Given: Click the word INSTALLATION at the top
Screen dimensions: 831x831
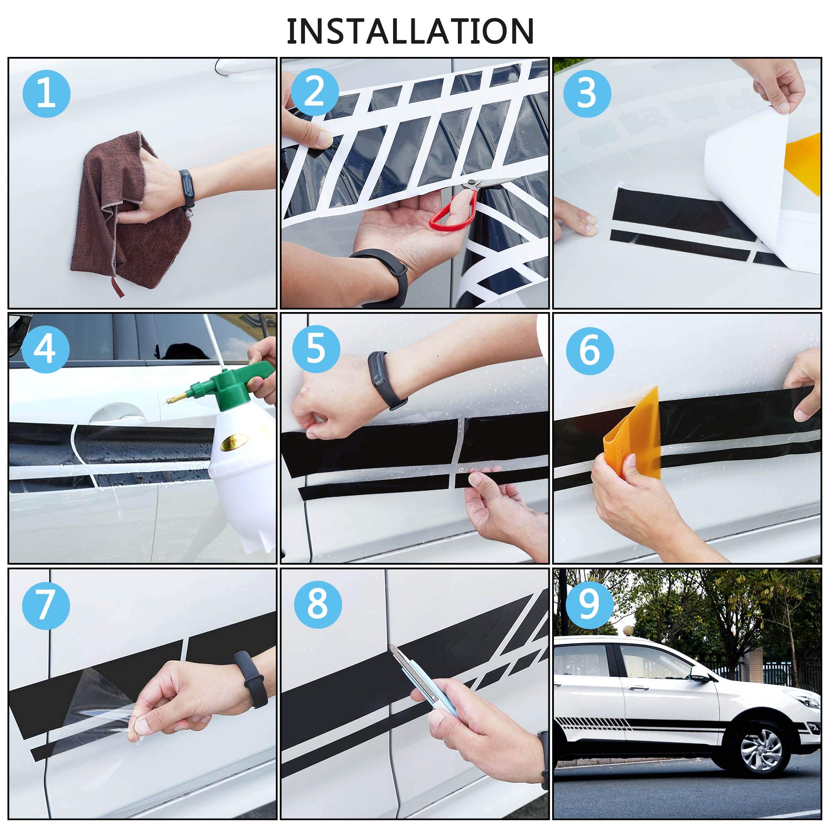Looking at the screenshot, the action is click(x=411, y=31).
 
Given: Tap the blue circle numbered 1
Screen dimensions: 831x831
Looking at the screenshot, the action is click(x=47, y=94).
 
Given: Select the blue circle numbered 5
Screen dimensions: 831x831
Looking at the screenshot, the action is click(x=316, y=349).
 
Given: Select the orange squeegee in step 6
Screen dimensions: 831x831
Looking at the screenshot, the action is click(x=632, y=435).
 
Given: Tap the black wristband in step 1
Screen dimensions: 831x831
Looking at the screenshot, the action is click(x=187, y=189).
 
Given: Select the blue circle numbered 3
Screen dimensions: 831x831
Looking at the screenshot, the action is click(x=587, y=94).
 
